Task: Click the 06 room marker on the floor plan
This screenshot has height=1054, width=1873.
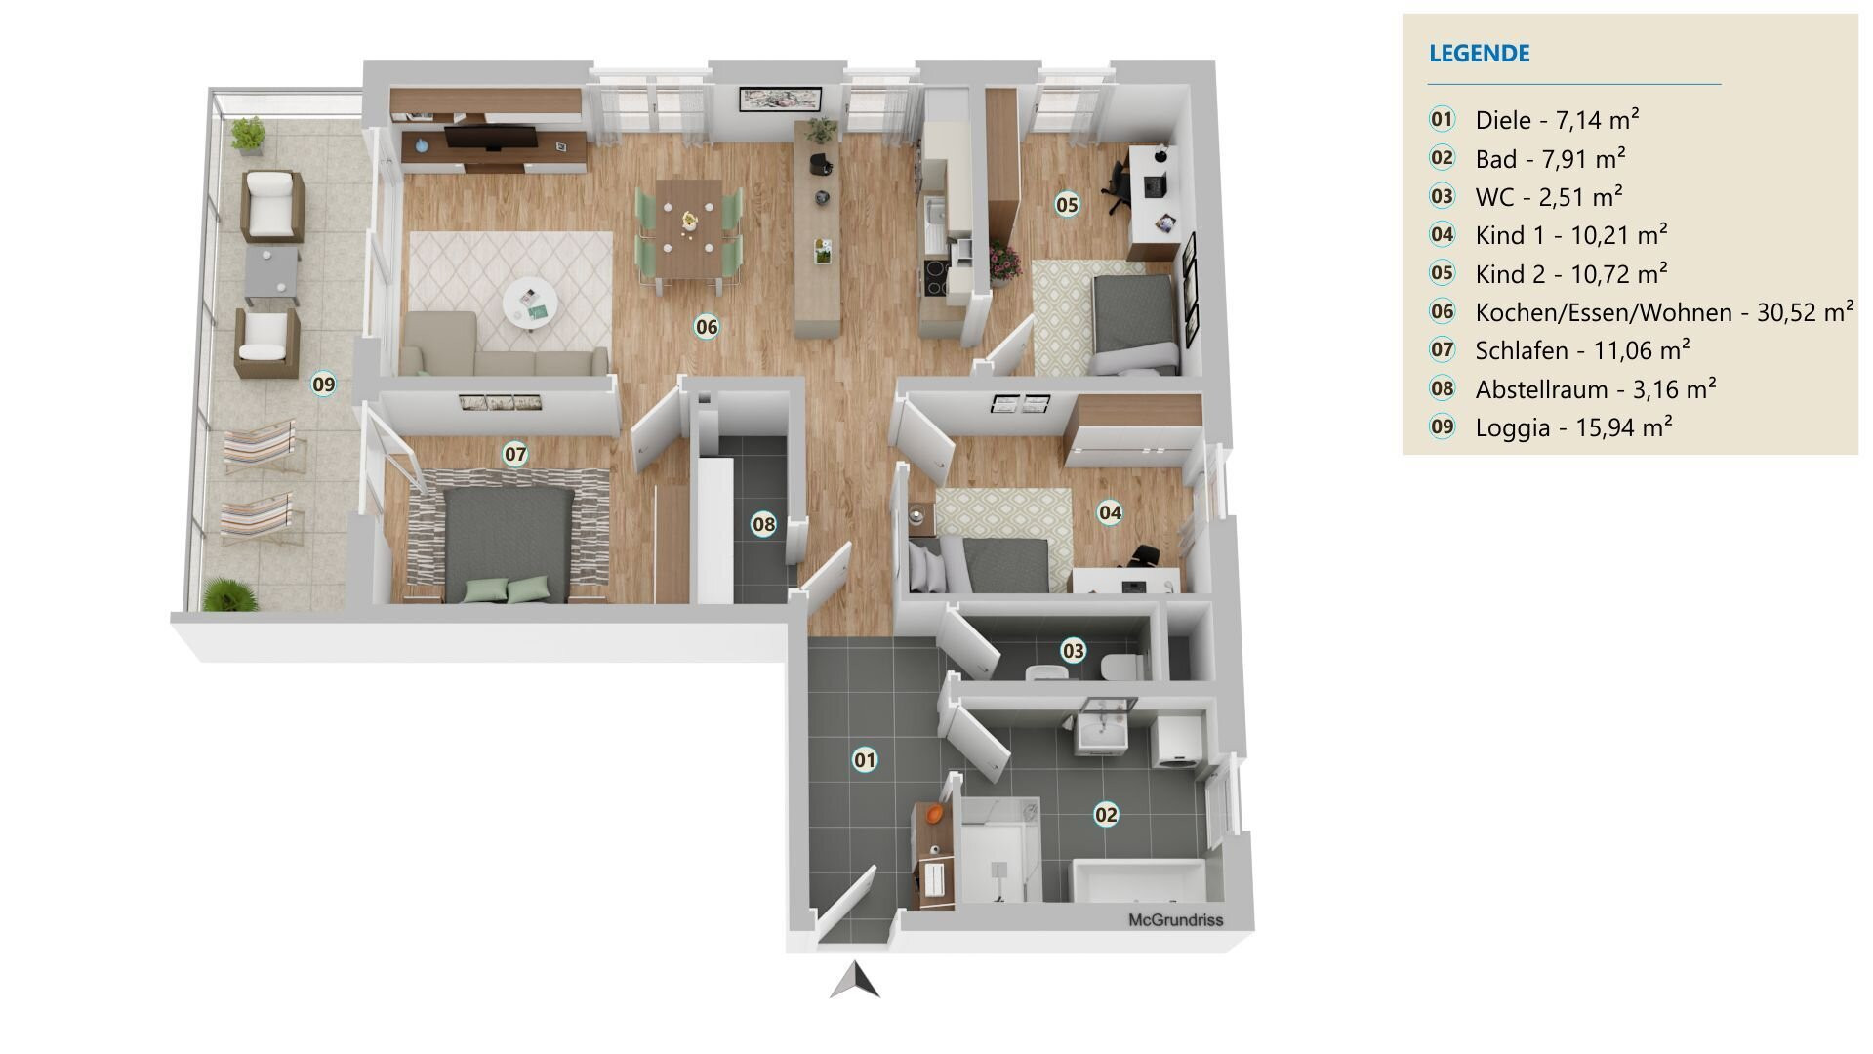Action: [x=707, y=327]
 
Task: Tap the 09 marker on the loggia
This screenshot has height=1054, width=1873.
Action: [x=323, y=385]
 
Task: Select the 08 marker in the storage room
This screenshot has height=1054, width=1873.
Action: [x=763, y=525]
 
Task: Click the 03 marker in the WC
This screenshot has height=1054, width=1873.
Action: [x=1073, y=651]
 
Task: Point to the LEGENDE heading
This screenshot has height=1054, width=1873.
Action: [x=1479, y=54]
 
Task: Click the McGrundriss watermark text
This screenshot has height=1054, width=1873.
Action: [x=1175, y=920]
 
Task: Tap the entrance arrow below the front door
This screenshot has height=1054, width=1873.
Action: [x=855, y=980]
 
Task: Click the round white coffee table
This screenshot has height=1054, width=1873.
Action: [x=530, y=304]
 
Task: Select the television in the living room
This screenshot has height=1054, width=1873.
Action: [x=489, y=139]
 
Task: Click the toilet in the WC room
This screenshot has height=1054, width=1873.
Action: [x=1121, y=668]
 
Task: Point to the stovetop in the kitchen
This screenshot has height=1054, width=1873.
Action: [x=933, y=278]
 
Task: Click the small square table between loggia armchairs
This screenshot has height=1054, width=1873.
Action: [x=271, y=275]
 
